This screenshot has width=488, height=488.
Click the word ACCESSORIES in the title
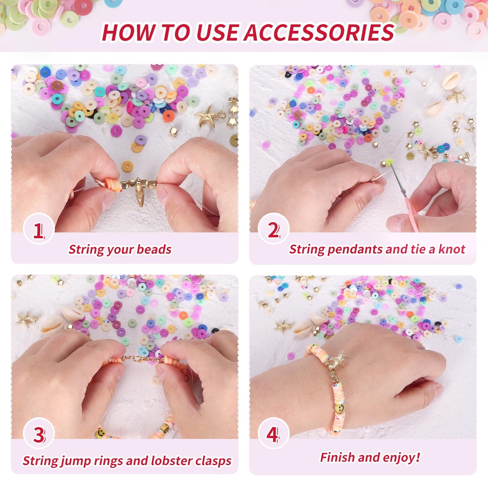point(319,32)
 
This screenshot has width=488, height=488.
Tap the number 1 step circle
point(39,229)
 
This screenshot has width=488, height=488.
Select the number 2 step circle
point(273,229)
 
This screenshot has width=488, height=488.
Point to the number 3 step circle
point(39,433)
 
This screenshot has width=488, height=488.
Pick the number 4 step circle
point(273,433)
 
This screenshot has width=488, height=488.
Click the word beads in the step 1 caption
point(154,249)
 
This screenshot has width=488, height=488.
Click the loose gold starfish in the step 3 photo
point(26,320)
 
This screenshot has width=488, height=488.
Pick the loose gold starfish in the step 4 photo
point(282,326)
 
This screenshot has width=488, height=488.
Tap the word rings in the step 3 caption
point(109,461)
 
